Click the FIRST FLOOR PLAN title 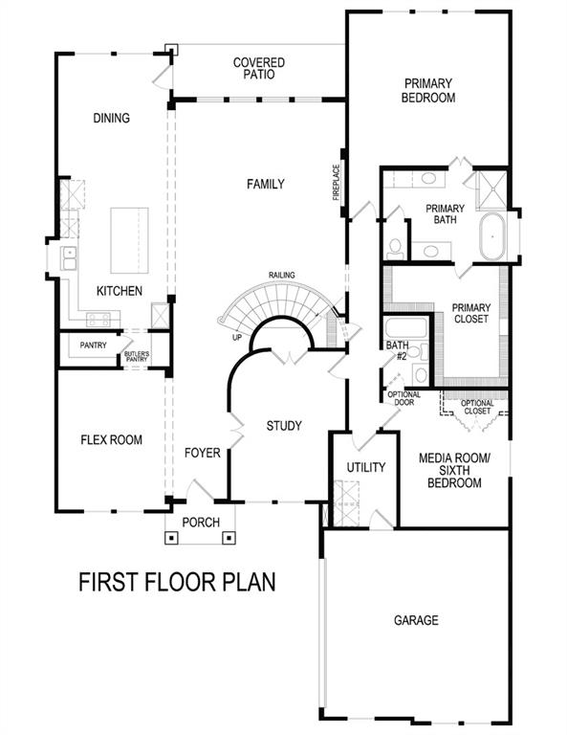177,582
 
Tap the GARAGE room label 416,620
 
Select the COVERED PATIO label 259,69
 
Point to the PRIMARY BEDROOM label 428,90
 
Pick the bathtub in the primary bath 494,234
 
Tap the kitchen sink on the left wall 69,257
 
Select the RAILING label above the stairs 282,276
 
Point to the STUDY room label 284,426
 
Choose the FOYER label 203,453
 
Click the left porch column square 172,537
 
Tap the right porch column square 229,537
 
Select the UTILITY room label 365,468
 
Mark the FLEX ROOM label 111,440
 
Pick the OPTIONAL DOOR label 403,398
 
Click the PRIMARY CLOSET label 471,314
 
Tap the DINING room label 111,118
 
